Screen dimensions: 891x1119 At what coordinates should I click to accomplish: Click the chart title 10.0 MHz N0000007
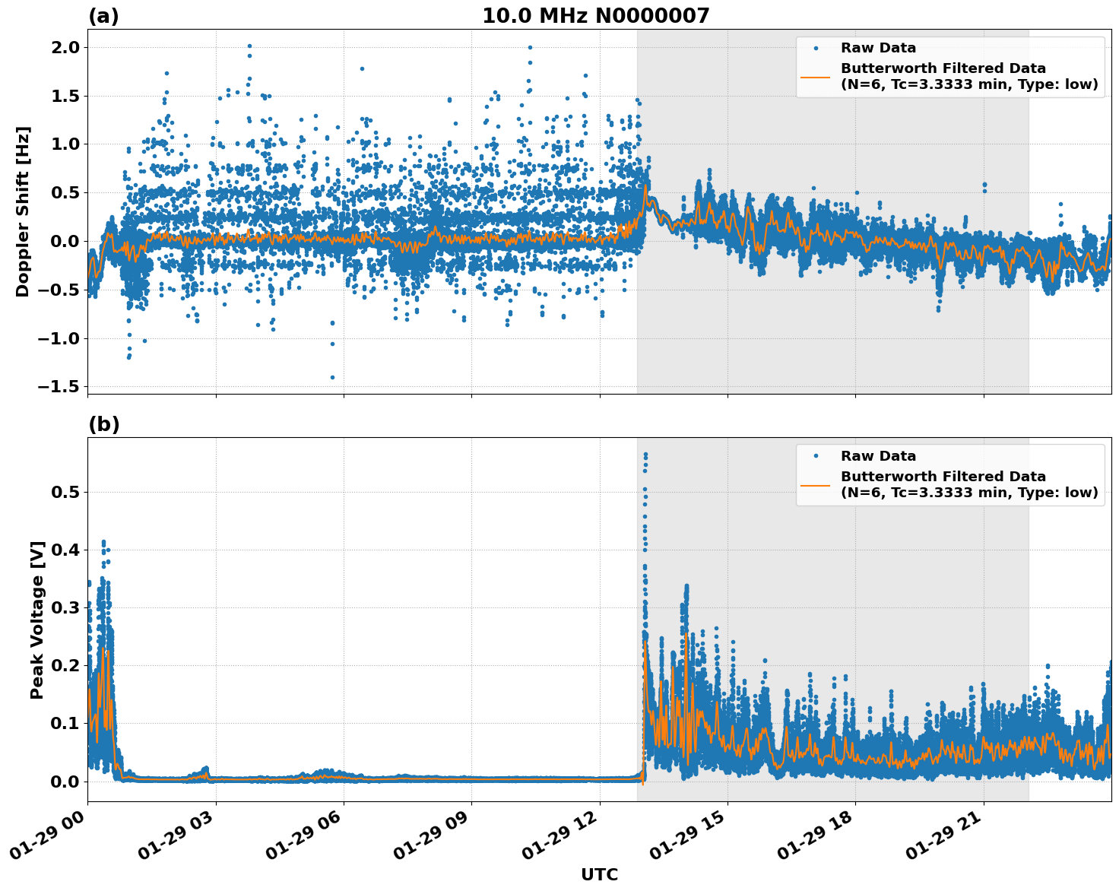click(595, 16)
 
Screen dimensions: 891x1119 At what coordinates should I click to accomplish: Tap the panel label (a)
click(103, 16)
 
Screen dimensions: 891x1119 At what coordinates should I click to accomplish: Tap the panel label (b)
click(103, 424)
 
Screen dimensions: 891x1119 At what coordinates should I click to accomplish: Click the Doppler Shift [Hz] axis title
click(23, 211)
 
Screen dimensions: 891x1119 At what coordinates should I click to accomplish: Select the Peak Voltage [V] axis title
click(37, 620)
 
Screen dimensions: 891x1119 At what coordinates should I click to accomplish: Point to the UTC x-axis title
click(599, 874)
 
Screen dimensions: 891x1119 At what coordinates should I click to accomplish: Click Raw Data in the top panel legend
click(878, 48)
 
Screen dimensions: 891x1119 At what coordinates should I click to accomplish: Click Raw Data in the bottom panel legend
click(878, 456)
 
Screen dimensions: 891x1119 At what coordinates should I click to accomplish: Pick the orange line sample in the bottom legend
click(816, 484)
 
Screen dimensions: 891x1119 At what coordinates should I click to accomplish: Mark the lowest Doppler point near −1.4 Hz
click(332, 377)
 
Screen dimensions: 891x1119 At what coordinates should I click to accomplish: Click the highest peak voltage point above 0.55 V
click(645, 455)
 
